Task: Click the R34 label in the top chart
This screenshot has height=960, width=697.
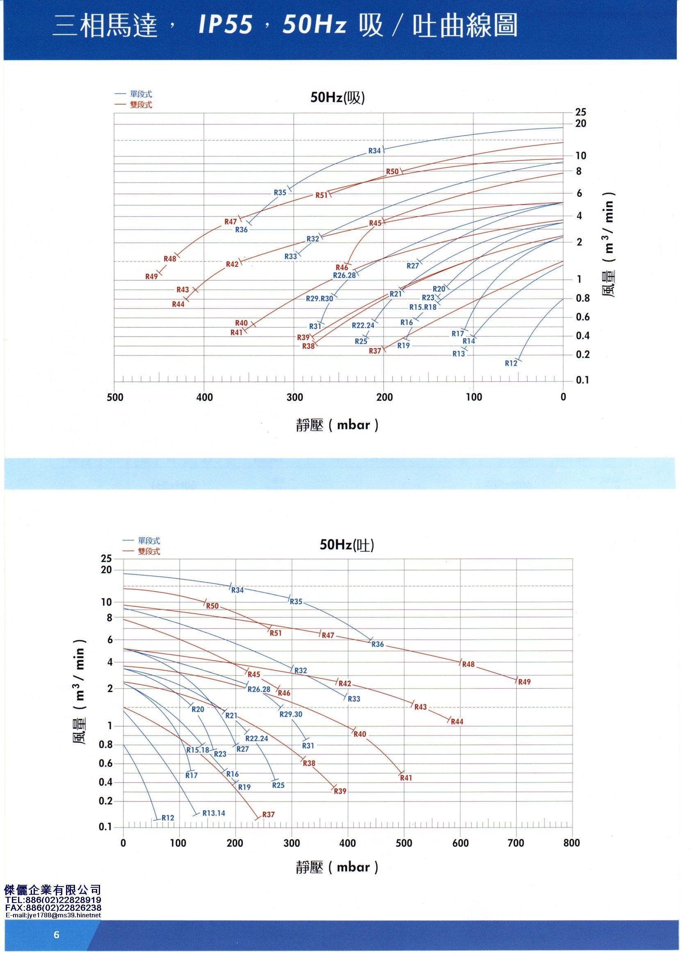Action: (x=374, y=151)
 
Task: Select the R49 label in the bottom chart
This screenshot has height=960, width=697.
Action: (x=524, y=682)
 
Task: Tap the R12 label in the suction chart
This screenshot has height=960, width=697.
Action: (x=511, y=363)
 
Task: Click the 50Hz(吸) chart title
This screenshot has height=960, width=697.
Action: (x=337, y=98)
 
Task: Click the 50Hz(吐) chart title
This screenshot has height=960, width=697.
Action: (x=347, y=544)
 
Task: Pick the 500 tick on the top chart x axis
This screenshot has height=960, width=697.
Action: (x=115, y=397)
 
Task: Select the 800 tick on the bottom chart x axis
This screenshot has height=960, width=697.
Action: (x=572, y=843)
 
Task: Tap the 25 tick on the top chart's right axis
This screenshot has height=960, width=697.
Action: (x=581, y=112)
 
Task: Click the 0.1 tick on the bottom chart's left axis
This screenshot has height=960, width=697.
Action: (x=105, y=826)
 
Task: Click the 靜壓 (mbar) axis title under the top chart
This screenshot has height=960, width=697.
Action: (x=337, y=425)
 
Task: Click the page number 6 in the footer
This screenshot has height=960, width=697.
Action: (x=57, y=935)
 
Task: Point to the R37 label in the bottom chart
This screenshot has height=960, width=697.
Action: (x=268, y=814)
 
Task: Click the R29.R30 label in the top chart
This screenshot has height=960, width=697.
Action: (x=320, y=298)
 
